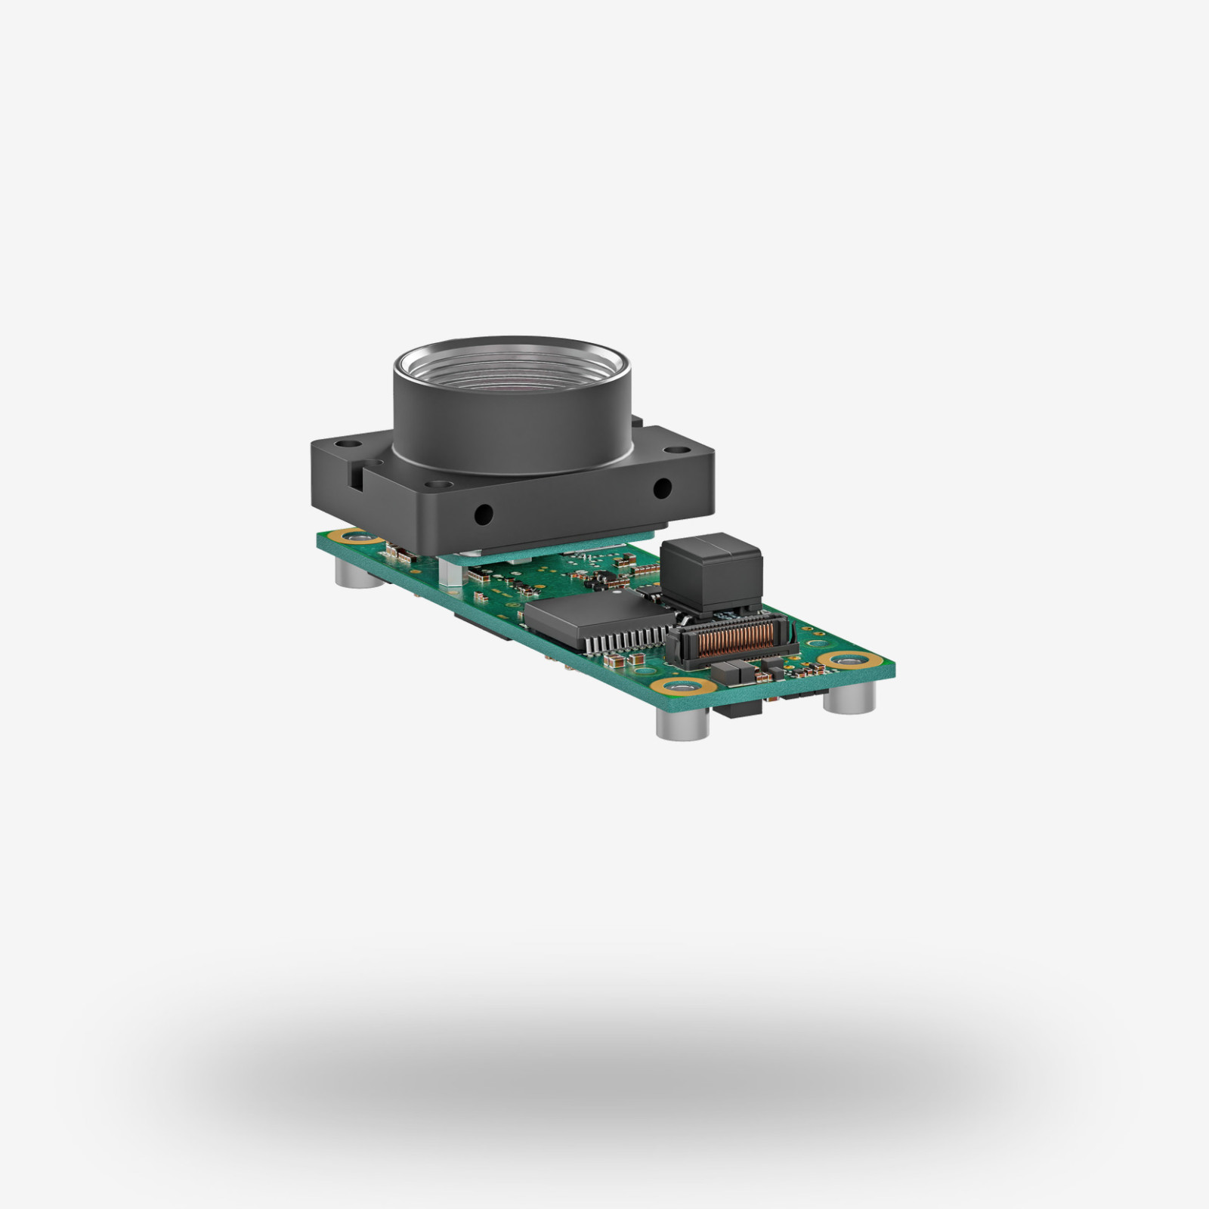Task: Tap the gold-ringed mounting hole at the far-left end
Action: tap(352, 537)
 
